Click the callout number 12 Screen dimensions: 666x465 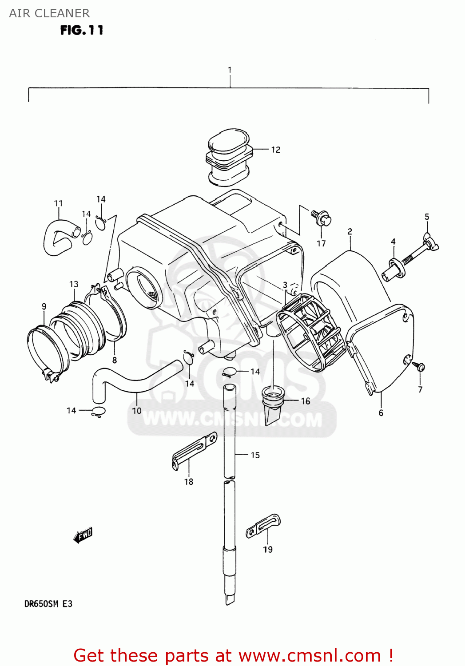(276, 150)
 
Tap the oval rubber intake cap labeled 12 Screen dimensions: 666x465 (229, 157)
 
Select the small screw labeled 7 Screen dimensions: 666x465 (419, 367)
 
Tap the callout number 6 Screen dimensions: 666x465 (381, 413)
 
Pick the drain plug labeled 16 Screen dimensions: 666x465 (273, 404)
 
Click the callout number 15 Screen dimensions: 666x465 (255, 455)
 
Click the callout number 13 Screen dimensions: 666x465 (74, 284)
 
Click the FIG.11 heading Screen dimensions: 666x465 (82, 30)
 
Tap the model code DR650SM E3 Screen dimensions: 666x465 (48, 604)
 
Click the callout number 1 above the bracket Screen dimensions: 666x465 (230, 70)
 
